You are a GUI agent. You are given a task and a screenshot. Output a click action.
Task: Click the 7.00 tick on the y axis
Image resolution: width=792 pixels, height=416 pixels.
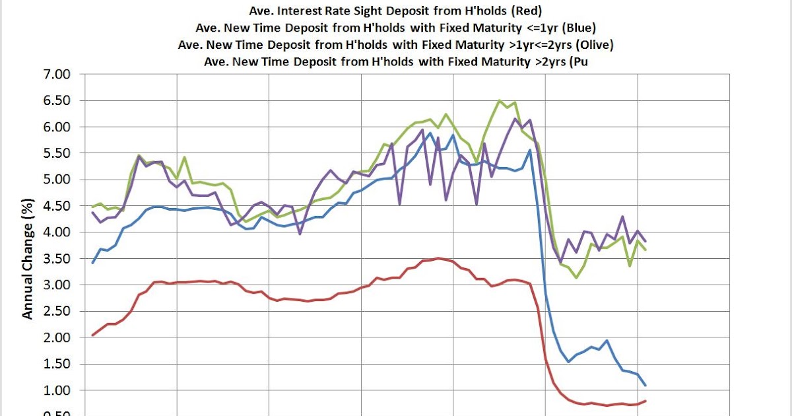[56, 74]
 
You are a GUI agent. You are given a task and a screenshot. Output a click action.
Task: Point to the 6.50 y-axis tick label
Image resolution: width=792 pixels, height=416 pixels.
[56, 100]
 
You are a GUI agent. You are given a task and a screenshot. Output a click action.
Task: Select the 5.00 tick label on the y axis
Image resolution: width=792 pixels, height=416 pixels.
[56, 180]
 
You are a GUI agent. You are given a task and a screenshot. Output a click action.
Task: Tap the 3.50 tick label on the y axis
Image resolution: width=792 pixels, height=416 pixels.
[56, 259]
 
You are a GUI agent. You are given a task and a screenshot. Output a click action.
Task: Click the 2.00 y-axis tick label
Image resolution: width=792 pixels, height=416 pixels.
[56, 337]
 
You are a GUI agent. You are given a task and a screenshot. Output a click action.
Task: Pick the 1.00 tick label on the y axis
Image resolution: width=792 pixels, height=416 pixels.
[56, 390]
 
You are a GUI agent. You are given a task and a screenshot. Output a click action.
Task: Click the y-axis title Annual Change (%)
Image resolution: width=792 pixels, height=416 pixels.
[28, 259]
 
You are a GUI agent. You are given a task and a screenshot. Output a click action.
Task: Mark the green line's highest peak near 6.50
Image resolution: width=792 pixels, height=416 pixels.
[500, 101]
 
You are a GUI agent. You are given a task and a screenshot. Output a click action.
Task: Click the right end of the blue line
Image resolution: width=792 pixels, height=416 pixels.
[645, 386]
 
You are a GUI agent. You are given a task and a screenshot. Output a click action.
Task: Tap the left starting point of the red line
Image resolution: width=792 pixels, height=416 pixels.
[93, 335]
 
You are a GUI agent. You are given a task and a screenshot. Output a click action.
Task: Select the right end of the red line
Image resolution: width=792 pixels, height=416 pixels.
[645, 401]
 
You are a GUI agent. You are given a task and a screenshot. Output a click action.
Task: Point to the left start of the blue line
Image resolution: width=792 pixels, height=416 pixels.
[93, 263]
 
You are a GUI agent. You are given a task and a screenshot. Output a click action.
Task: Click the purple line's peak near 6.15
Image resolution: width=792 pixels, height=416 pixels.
[515, 119]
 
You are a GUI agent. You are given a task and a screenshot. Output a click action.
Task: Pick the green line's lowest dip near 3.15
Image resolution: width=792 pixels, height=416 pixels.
[576, 277]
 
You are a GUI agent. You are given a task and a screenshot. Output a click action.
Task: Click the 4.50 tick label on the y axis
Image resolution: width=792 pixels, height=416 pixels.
[56, 206]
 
